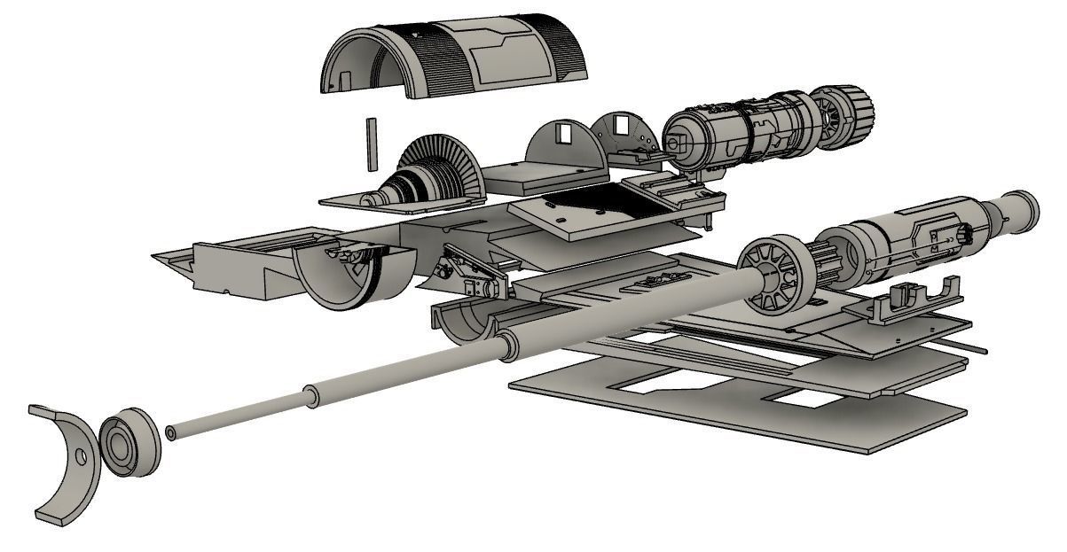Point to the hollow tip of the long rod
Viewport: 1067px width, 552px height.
169,433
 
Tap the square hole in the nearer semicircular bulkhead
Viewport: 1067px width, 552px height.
562,134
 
